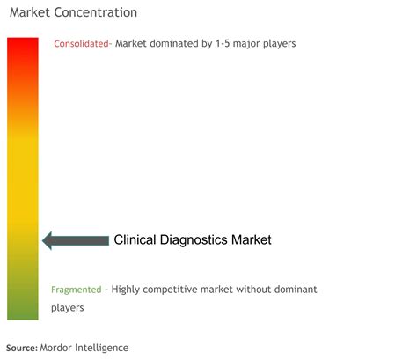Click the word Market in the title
point(30,12)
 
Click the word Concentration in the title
point(96,12)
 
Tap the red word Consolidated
point(81,44)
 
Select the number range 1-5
point(223,43)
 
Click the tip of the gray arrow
point(42,241)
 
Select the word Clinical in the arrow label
point(135,239)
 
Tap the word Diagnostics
point(194,240)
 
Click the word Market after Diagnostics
point(252,239)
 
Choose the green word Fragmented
point(77,290)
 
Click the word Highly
point(126,290)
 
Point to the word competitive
point(170,290)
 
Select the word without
point(253,290)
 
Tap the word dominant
point(296,290)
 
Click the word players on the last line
point(68,308)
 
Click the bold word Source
point(22,348)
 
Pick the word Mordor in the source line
point(55,348)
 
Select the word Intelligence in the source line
point(102,348)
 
